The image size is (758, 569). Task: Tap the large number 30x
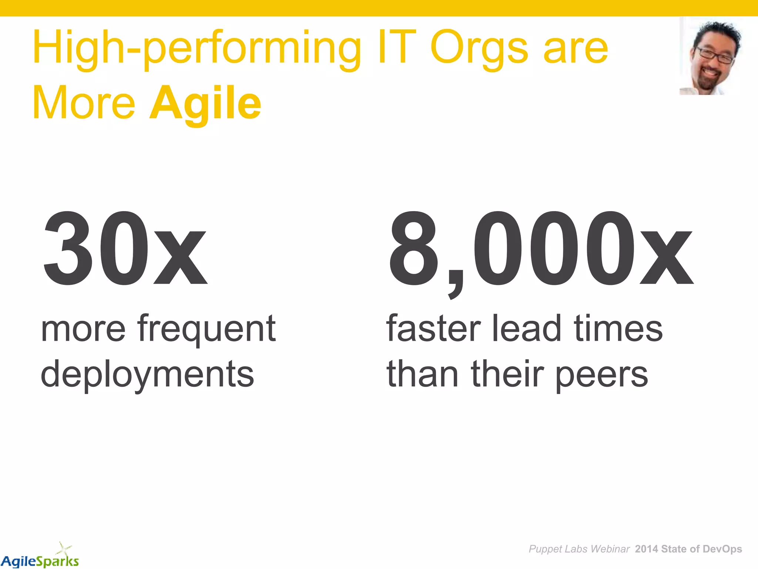(x=125, y=248)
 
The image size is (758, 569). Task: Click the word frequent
(x=207, y=329)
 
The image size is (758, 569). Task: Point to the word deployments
(x=147, y=374)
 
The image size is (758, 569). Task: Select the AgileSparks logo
(x=40, y=560)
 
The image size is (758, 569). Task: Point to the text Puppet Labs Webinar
(x=579, y=549)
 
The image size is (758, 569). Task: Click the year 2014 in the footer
(x=646, y=549)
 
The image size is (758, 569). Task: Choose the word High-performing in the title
(x=196, y=48)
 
